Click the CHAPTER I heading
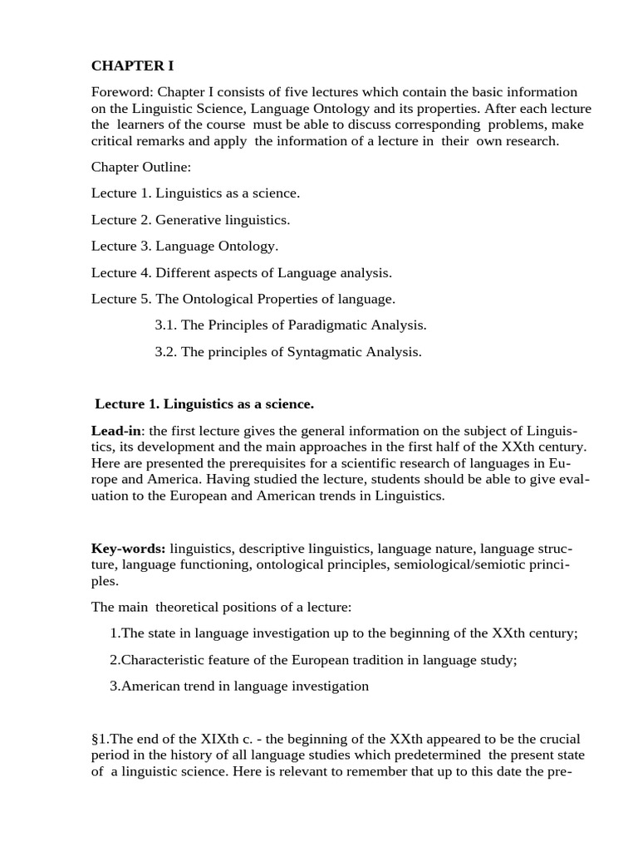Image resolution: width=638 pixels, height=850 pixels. click(x=132, y=66)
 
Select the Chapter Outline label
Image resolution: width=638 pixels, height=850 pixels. click(x=141, y=167)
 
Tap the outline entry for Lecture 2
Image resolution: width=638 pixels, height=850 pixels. click(x=190, y=220)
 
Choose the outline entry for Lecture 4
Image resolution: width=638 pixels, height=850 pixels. click(x=241, y=272)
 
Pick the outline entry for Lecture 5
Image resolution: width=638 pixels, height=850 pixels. click(x=243, y=299)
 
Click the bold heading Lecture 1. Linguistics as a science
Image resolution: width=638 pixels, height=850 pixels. click(x=204, y=404)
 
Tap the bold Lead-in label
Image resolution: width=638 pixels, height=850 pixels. click(x=116, y=431)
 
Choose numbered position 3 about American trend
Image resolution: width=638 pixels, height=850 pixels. click(x=239, y=686)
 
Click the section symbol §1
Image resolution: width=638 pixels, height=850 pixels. click(x=100, y=739)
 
